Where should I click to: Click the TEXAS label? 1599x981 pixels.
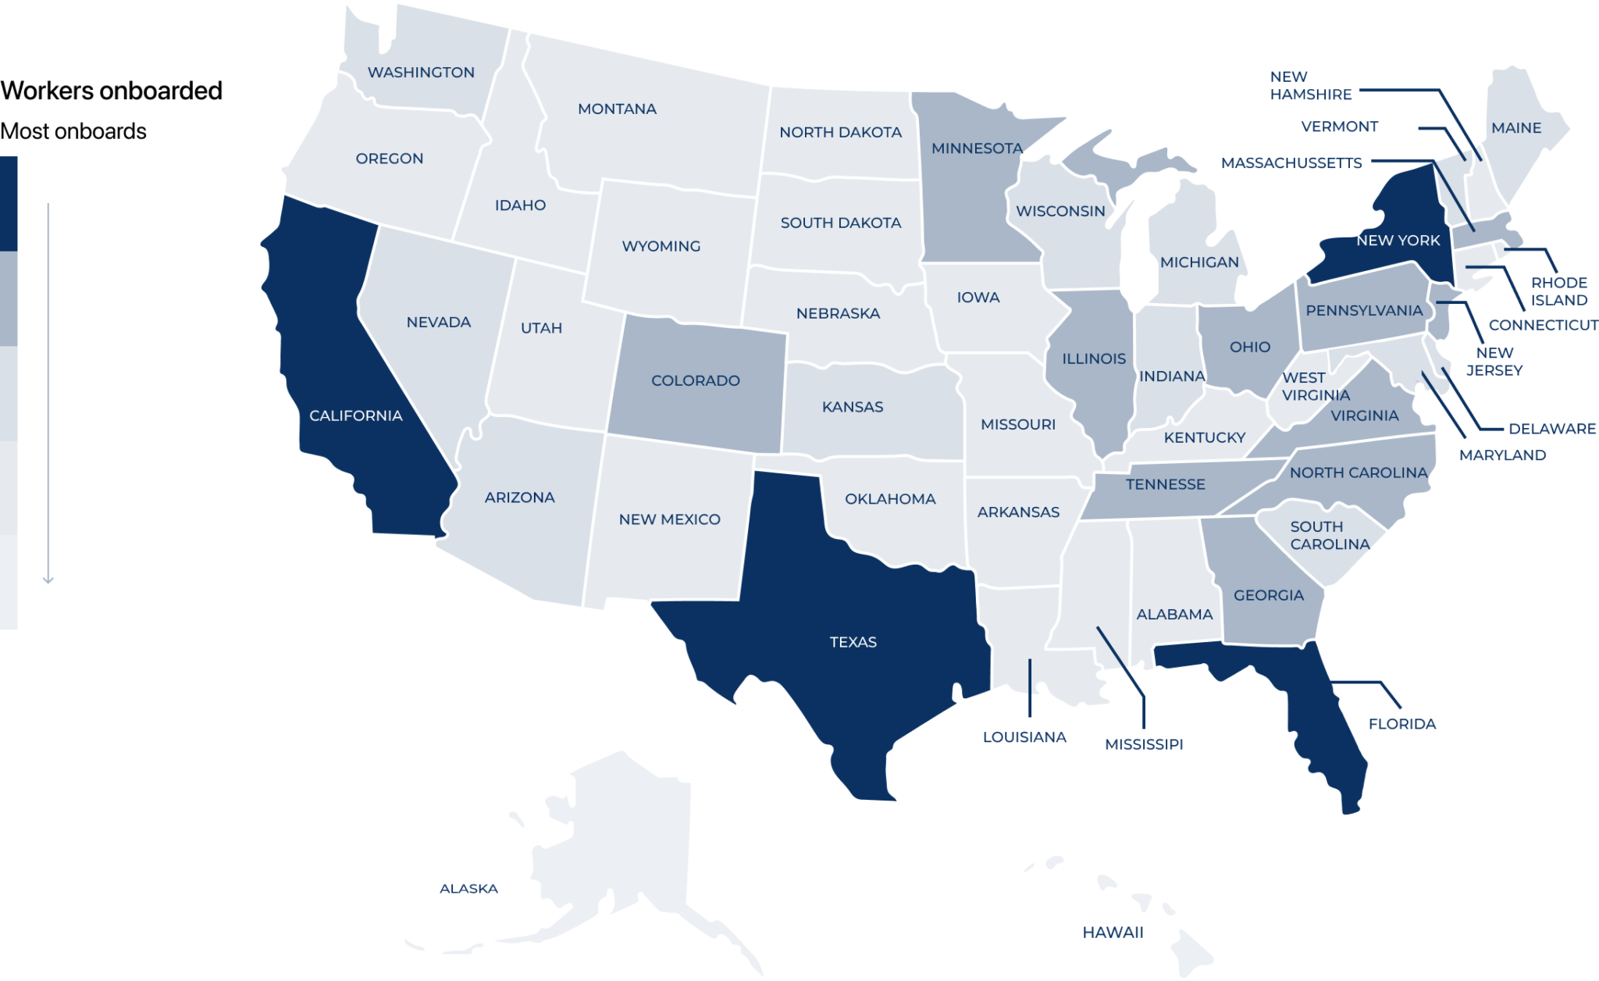[x=853, y=642]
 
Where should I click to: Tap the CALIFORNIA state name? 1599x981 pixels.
[x=355, y=416]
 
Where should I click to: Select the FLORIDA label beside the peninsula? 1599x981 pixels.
[x=1401, y=724]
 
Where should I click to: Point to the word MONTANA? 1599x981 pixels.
[x=617, y=109]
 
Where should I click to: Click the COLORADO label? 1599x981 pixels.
[x=695, y=380]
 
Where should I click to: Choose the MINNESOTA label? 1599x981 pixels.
[x=976, y=148]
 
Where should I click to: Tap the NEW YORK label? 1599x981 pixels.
[x=1398, y=241]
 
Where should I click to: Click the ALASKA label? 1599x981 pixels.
[x=468, y=888]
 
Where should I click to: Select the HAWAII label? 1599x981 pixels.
[x=1113, y=932]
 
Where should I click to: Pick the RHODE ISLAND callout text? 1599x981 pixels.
[x=1558, y=291]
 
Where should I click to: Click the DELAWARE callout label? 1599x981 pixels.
[x=1551, y=428]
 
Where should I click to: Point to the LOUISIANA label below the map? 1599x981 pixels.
[x=1024, y=737]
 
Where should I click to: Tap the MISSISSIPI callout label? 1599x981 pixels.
[x=1143, y=744]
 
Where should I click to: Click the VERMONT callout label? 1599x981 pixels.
[x=1339, y=127]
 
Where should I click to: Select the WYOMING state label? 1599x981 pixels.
[x=661, y=246]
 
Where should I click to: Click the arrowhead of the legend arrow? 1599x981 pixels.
[x=48, y=580]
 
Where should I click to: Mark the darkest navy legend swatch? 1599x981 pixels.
[x=9, y=203]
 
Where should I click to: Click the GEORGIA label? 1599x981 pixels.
[x=1268, y=595]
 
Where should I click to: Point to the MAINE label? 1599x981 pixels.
[x=1515, y=127]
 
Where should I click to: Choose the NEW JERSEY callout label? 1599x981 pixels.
[x=1494, y=362]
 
